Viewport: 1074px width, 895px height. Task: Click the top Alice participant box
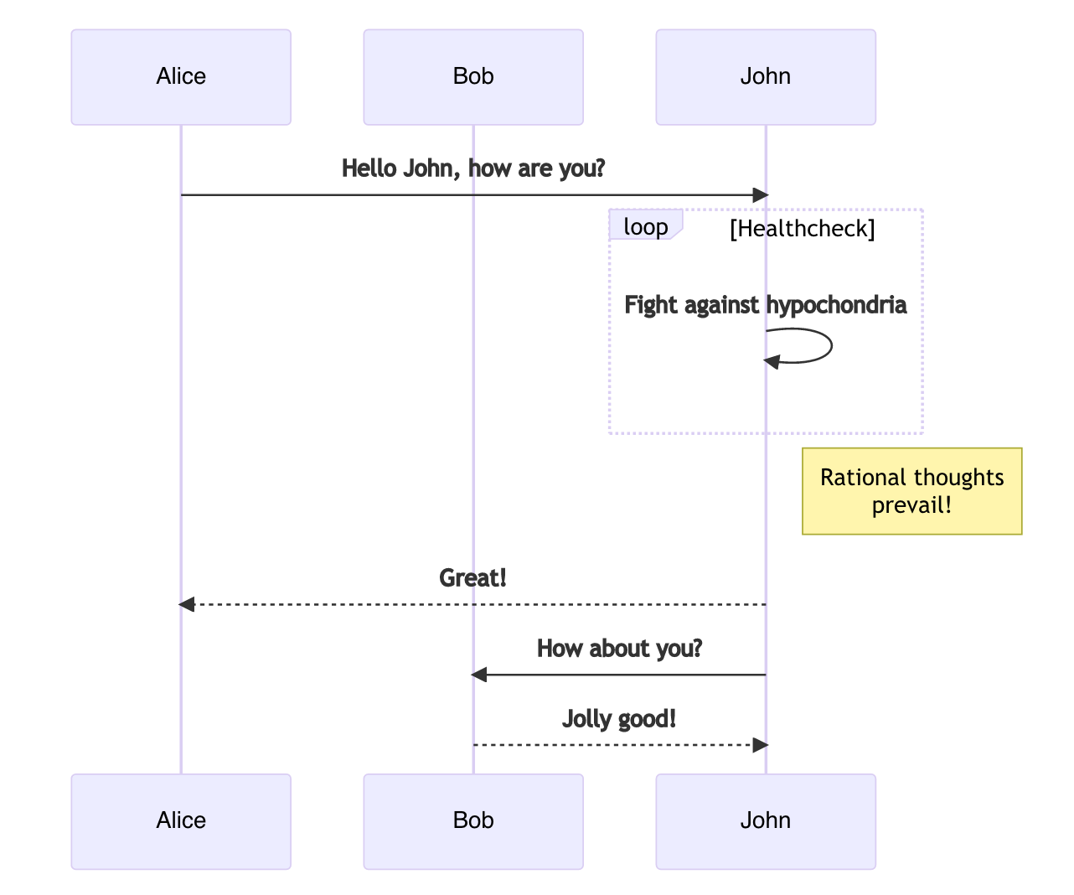click(181, 77)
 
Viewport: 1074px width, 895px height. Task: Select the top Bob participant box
click(473, 77)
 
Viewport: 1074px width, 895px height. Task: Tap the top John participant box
click(766, 77)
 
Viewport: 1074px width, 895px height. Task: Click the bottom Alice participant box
click(181, 821)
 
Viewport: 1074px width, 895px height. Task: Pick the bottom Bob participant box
click(473, 821)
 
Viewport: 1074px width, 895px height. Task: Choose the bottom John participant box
click(766, 821)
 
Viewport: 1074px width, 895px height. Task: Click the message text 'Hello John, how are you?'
click(473, 168)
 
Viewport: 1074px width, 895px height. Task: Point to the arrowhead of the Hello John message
click(761, 195)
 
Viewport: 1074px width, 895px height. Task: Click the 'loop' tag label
click(646, 226)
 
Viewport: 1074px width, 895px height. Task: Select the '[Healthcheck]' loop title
click(802, 229)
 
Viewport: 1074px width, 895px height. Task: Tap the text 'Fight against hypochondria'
click(766, 305)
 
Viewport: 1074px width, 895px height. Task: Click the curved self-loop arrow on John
click(832, 345)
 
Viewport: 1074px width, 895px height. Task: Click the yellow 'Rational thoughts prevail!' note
click(912, 491)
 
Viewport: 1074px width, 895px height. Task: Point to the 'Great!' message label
click(472, 577)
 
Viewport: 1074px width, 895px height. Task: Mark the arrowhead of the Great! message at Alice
click(186, 604)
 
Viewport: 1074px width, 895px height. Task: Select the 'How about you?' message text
click(619, 649)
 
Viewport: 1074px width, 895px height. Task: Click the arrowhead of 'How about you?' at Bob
click(479, 675)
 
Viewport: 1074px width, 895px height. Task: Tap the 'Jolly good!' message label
click(619, 719)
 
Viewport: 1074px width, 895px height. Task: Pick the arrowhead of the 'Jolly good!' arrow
click(761, 745)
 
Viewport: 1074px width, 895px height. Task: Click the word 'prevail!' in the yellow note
click(911, 504)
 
